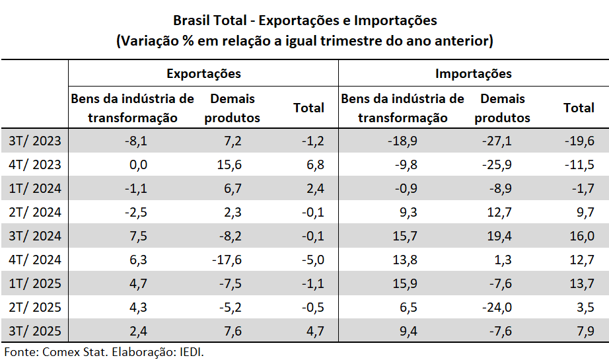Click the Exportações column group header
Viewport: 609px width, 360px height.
[x=203, y=73]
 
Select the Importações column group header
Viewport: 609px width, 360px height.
[x=473, y=73]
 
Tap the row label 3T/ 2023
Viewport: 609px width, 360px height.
[x=35, y=141]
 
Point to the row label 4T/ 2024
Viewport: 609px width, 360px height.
[x=35, y=260]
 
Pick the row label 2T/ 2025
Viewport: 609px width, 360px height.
[x=35, y=307]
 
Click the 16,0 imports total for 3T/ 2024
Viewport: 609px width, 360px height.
[x=581, y=236]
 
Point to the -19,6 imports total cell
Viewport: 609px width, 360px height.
[x=579, y=141]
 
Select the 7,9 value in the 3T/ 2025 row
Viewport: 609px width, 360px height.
[x=584, y=331]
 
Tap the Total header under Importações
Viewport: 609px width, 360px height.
[x=579, y=108]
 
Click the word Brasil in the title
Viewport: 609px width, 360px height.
[x=192, y=21]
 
